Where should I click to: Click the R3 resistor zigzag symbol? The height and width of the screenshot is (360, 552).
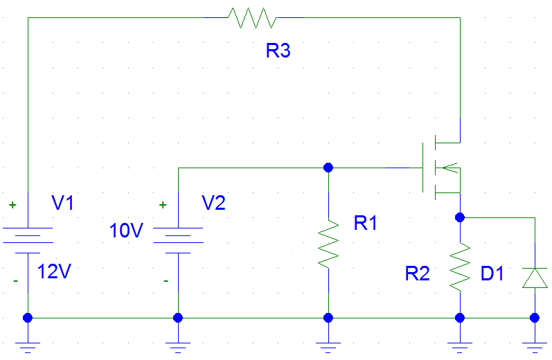coord(252,17)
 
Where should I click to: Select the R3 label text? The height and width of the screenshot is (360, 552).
coord(278,51)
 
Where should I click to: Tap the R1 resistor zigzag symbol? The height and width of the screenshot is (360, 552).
coord(328,244)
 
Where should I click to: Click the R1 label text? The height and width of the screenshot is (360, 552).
coord(366,223)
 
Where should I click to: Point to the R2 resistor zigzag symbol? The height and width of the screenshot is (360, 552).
coord(460,267)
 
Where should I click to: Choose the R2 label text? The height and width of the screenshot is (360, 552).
coord(417,273)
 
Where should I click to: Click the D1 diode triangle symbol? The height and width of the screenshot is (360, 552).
coord(535,278)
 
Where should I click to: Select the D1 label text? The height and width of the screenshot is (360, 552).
coord(492,273)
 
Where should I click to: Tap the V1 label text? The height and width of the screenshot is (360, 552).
coord(62,203)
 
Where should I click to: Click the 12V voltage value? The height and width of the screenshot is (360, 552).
coord(54,271)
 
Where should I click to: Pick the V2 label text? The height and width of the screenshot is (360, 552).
coord(214,203)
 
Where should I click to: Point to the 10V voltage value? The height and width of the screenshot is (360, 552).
coord(126,231)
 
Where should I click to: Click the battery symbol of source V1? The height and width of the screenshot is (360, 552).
coord(28,240)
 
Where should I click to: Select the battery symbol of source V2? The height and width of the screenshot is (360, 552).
coord(178,240)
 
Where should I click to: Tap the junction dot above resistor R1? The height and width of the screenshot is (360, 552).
coord(328,168)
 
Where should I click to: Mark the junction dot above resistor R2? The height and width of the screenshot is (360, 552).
coord(460,217)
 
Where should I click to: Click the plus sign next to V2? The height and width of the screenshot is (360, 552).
coord(163,205)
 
